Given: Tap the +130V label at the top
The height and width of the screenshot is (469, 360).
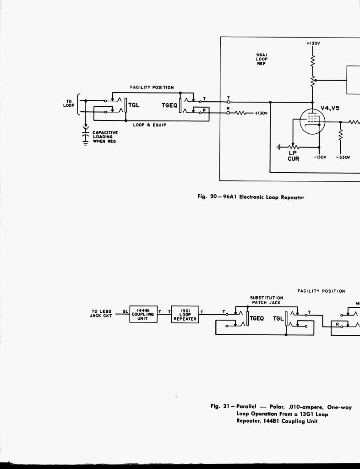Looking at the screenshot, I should [x=313, y=44].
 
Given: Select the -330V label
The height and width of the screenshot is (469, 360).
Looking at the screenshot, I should [x=343, y=157].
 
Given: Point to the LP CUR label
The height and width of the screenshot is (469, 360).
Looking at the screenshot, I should [x=293, y=156].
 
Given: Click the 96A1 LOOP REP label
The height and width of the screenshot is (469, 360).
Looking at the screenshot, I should [x=262, y=59].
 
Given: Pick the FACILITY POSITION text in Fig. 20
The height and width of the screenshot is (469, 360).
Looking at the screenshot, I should [x=152, y=87].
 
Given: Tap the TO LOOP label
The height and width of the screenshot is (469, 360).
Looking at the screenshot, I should [x=69, y=104].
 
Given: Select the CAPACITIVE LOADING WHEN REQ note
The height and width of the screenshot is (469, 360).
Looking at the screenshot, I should [x=105, y=137].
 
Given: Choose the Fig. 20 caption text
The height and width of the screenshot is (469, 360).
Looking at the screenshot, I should [x=251, y=197].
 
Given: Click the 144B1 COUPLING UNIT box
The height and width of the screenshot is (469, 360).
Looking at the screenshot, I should [x=142, y=314].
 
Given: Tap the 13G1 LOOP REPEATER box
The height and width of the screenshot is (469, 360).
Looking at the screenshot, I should [x=185, y=315].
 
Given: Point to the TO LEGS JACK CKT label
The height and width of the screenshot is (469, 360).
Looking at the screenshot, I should [x=101, y=314].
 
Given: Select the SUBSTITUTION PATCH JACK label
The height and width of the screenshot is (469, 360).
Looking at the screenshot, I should [x=266, y=300].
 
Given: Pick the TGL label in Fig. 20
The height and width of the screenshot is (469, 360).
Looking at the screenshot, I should [x=134, y=105].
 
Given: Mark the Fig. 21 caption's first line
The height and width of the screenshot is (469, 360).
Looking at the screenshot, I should [x=281, y=407].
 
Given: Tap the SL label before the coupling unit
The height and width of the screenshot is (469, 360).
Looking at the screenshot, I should [x=125, y=311].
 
